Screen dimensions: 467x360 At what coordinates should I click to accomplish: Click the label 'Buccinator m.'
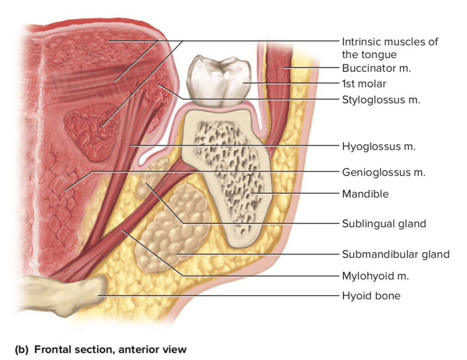coord(376,68)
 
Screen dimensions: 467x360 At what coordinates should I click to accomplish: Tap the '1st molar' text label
coord(364,84)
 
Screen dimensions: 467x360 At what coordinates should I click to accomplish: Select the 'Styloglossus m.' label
coord(381,99)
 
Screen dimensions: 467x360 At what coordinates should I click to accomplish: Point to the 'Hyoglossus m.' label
coord(378,147)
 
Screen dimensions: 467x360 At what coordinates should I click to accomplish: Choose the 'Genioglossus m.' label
coord(384,172)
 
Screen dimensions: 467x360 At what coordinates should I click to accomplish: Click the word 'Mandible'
coord(365,194)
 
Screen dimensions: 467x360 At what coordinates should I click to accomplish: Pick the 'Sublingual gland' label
coord(384,223)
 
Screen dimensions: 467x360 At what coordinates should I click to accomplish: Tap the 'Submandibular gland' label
coord(395,254)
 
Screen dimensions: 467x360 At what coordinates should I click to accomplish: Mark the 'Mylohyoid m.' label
coord(375,276)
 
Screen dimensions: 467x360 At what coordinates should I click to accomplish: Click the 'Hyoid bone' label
coord(371,295)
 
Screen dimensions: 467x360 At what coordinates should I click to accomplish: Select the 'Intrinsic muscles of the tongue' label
coord(390,48)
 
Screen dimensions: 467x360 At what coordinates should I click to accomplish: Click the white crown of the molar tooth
coord(219,81)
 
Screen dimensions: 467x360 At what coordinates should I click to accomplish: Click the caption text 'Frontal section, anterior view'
coord(111,349)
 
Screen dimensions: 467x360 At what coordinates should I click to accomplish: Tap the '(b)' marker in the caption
coord(22,349)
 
